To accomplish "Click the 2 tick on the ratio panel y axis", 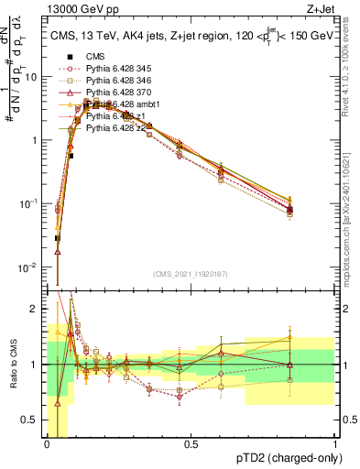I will point(35,310).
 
